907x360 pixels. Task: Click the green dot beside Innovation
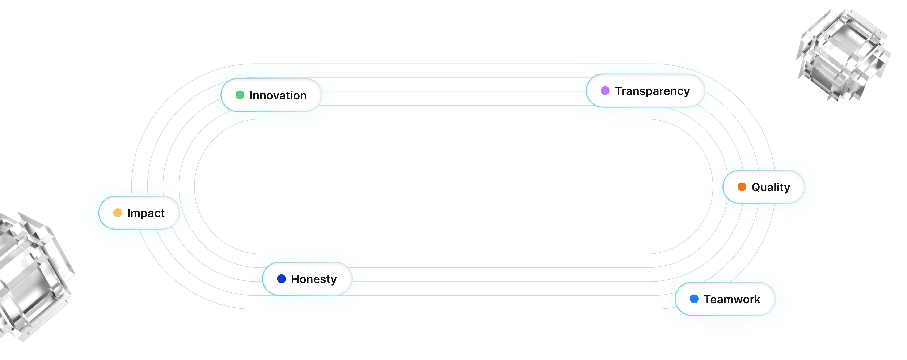click(240, 95)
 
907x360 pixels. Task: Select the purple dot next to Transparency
click(605, 91)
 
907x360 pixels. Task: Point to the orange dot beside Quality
click(742, 187)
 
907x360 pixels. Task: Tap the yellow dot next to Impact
click(118, 213)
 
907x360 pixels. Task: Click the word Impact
click(146, 213)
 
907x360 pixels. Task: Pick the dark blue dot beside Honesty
click(281, 279)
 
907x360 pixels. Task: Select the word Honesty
click(314, 279)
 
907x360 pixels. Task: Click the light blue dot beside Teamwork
click(694, 299)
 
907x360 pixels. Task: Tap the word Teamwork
click(732, 299)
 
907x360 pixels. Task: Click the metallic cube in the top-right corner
click(843, 58)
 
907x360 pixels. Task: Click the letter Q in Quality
click(756, 187)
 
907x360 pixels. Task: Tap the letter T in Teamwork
click(708, 299)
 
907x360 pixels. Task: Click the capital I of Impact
click(128, 213)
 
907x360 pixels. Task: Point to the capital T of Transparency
click(619, 91)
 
